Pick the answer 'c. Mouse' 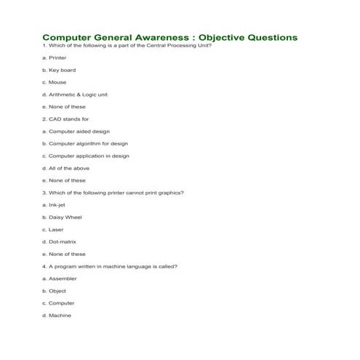pyautogui.click(x=55, y=82)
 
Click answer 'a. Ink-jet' pyautogui.click(x=55, y=205)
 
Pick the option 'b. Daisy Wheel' pyautogui.click(x=62, y=217)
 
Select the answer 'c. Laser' pyautogui.click(x=53, y=229)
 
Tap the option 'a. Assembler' pyautogui.click(x=60, y=279)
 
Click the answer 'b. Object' pyautogui.click(x=55, y=291)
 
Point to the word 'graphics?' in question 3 pyautogui.click(x=171, y=193)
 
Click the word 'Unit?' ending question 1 pyautogui.click(x=202, y=45)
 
